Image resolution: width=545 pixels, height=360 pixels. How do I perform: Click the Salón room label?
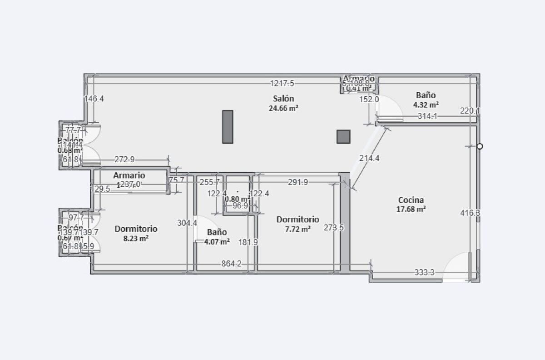(283, 99)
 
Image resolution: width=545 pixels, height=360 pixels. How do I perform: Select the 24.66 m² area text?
(283, 108)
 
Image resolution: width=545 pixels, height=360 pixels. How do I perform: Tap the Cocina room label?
(411, 200)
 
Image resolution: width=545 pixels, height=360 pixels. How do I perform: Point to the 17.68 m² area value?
(411, 210)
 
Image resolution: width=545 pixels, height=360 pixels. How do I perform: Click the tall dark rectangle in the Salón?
(228, 127)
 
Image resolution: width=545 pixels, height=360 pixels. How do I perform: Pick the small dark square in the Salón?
(343, 136)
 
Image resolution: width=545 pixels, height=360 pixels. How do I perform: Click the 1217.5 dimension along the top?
(282, 83)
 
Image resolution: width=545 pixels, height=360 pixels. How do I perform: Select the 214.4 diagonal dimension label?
(369, 158)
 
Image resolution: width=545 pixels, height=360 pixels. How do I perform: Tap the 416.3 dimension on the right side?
(470, 213)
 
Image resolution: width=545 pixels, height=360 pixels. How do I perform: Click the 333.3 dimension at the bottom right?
(424, 273)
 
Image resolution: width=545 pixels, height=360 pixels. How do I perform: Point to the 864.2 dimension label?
(231, 264)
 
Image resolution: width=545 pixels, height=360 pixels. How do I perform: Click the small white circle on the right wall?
(480, 146)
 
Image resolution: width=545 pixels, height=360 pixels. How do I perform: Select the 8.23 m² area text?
(136, 238)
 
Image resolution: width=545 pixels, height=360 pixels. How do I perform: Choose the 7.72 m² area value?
(297, 229)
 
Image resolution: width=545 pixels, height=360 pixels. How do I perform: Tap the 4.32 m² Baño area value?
(426, 105)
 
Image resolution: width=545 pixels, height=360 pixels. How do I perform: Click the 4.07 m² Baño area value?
(217, 242)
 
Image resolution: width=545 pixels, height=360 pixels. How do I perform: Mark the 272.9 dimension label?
(124, 160)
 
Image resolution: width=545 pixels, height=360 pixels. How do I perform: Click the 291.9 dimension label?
(298, 182)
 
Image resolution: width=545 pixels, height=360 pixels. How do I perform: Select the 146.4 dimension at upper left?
(94, 99)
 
